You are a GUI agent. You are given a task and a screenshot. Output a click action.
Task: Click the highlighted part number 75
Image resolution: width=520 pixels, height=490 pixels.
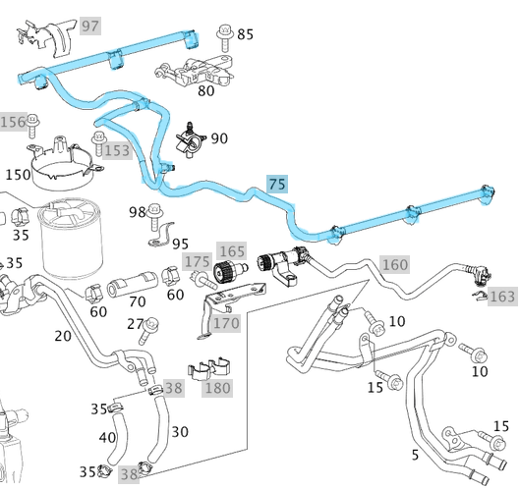coord(277,184)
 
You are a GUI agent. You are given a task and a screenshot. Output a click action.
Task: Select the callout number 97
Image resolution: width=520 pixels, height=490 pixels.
coord(90,24)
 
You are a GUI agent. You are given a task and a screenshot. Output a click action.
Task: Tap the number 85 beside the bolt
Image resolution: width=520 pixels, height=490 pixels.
coord(245,34)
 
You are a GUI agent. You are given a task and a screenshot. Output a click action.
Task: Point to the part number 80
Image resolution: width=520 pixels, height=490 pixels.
coord(206,91)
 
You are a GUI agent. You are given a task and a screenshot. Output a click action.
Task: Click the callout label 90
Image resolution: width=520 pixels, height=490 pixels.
coord(219,138)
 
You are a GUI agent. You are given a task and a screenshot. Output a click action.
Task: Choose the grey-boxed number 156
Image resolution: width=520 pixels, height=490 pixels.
coord(13,122)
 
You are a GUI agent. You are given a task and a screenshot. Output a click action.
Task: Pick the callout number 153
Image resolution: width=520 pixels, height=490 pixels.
coord(116,150)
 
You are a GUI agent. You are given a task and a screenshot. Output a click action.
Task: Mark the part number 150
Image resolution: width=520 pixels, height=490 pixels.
coord(18,174)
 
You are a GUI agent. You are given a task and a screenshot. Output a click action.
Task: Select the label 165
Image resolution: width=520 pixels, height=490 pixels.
coord(232,252)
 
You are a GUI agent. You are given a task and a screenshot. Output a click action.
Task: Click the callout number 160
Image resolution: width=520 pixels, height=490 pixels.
coord(394,264)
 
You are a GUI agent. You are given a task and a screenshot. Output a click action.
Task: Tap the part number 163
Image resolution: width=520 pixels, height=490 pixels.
coord(502,296)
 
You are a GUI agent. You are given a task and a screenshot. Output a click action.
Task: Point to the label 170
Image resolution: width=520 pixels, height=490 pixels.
coord(226,322)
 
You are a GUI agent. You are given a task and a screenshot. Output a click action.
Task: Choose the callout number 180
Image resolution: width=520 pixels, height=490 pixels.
coord(218,389)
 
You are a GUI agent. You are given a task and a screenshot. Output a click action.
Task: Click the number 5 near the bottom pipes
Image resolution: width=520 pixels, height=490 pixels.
coord(414,455)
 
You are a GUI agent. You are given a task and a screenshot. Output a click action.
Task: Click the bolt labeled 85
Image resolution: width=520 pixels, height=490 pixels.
coord(223,38)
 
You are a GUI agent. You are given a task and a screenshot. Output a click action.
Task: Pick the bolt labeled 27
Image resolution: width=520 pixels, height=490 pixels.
coord(153,326)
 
